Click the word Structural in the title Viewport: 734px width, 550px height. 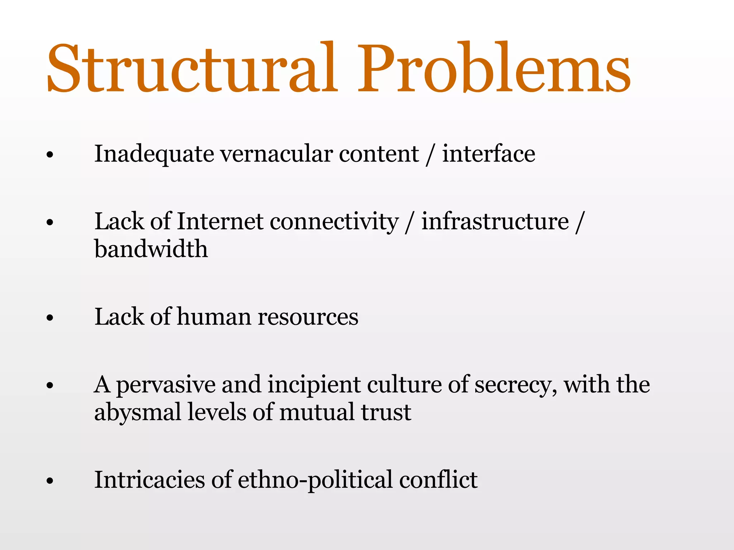[x=192, y=68]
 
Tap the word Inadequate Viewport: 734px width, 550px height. [x=154, y=154]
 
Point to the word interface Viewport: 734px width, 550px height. [x=488, y=154]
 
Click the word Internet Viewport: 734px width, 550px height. [x=220, y=221]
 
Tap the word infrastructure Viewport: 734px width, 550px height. [x=495, y=221]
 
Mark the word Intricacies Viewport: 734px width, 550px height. [x=149, y=480]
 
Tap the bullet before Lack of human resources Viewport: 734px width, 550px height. [x=50, y=318]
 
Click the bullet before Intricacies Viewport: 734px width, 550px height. [x=50, y=481]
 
